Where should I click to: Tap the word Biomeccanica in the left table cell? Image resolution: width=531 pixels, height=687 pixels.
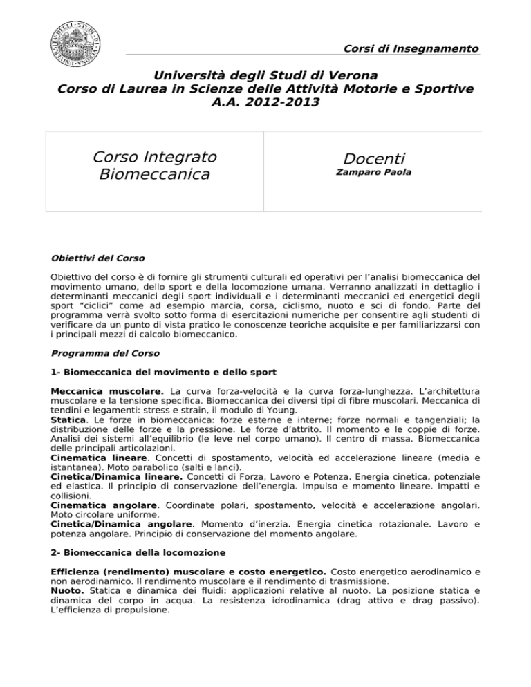[x=155, y=173]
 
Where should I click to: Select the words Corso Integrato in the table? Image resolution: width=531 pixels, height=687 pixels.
[x=155, y=156]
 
